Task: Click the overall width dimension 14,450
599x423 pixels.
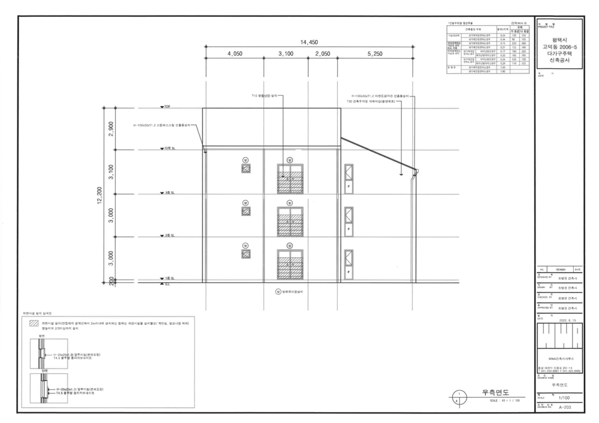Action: pyautogui.click(x=310, y=42)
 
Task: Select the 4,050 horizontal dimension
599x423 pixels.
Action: pyautogui.click(x=235, y=54)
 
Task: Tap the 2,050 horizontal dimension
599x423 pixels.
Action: pyautogui.click(x=323, y=54)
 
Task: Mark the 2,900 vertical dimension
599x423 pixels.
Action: pyautogui.click(x=110, y=129)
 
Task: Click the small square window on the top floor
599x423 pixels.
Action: pyautogui.click(x=246, y=169)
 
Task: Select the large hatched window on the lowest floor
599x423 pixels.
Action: pyautogui.click(x=289, y=264)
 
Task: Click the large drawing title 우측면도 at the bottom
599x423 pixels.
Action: pyautogui.click(x=500, y=392)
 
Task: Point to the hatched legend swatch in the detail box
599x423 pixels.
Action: pyautogui.click(x=34, y=323)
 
